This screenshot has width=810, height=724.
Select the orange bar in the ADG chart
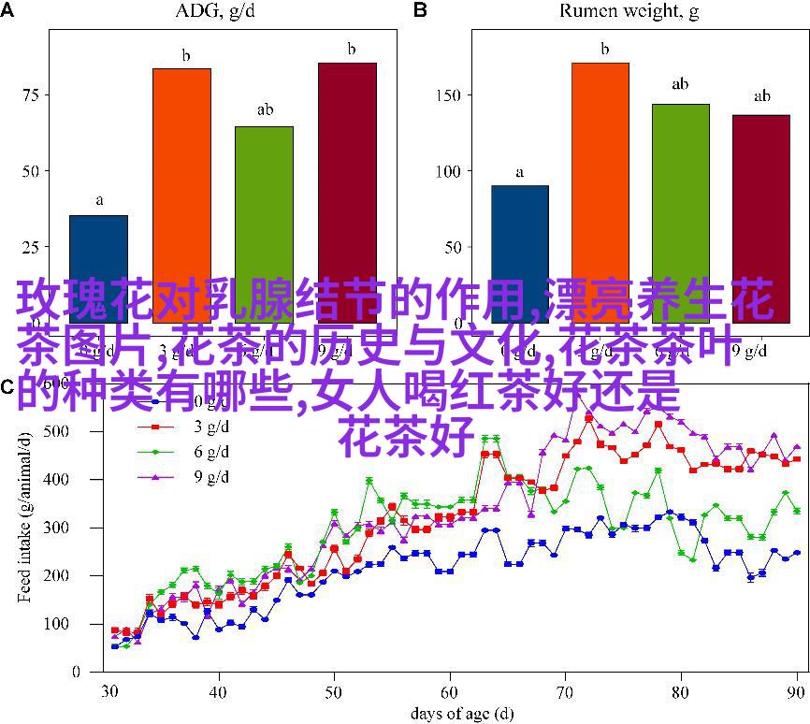click(x=181, y=187)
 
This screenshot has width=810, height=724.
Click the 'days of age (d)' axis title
click(x=449, y=713)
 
